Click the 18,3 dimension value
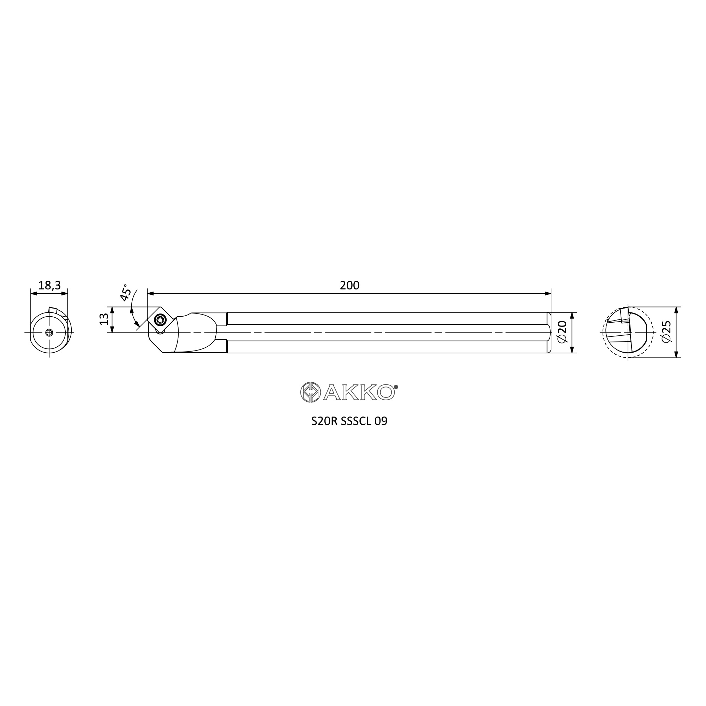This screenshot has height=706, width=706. [49, 285]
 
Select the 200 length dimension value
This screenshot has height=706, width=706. [350, 285]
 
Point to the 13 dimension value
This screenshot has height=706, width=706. [104, 319]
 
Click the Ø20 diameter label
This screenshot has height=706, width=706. [562, 332]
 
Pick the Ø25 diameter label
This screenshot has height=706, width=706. [666, 331]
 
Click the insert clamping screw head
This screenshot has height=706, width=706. [160, 320]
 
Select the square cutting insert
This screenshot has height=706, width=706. [160, 320]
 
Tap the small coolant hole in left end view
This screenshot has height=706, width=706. [49, 333]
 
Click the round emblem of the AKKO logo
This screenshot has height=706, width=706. [310, 392]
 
